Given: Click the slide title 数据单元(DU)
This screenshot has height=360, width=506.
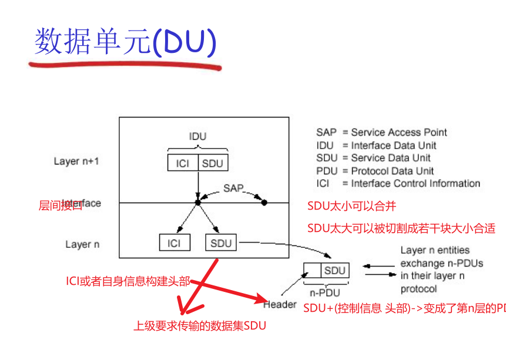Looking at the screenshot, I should [x=125, y=42].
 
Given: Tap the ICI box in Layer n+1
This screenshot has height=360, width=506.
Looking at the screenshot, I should [x=182, y=163].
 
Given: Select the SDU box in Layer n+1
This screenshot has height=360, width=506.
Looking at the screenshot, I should [x=213, y=163].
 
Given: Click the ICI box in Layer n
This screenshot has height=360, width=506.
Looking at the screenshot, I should [x=174, y=243].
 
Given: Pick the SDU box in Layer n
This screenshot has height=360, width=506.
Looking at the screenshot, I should [x=221, y=243].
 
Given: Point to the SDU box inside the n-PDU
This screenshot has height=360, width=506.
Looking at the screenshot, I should [x=334, y=271].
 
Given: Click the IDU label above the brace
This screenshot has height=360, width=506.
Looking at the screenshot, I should [x=197, y=136].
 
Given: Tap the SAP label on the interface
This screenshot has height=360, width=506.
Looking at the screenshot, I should [x=233, y=189].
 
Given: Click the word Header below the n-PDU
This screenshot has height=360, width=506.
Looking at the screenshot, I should [x=280, y=304].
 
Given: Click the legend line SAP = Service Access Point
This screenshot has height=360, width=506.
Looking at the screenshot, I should [x=381, y=133].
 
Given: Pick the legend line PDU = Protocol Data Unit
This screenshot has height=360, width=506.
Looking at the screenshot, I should [x=375, y=171].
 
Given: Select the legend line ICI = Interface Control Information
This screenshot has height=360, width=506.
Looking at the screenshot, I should [x=398, y=184].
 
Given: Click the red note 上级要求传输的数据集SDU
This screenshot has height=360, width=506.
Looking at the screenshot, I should [x=204, y=325].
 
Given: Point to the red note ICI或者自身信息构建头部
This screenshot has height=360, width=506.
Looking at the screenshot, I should [x=128, y=281].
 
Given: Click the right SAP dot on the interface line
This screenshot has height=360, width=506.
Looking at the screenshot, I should [x=264, y=203].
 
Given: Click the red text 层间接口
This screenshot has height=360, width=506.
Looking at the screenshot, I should [x=60, y=205].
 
